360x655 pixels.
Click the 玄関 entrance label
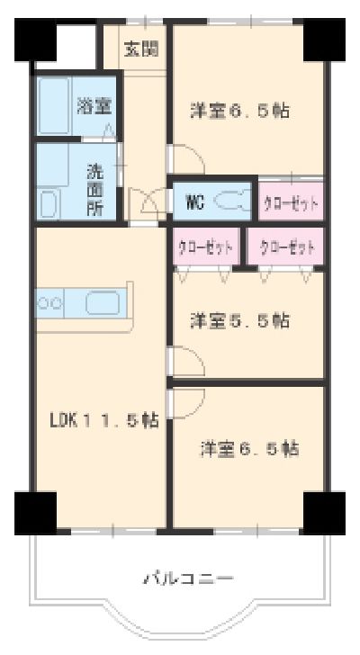pos(142,48)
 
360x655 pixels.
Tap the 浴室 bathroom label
pos(94,106)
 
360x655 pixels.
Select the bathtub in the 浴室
pos(55,106)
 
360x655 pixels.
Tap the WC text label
pos(194,202)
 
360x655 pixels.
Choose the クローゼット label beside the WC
pos(291,203)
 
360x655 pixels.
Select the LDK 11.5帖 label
pos(104,419)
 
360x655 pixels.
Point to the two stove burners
pos(49,303)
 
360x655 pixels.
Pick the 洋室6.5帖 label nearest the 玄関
pos(239,112)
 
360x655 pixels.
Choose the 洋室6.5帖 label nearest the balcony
pos(249,447)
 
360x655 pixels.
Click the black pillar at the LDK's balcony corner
pos(34,512)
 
